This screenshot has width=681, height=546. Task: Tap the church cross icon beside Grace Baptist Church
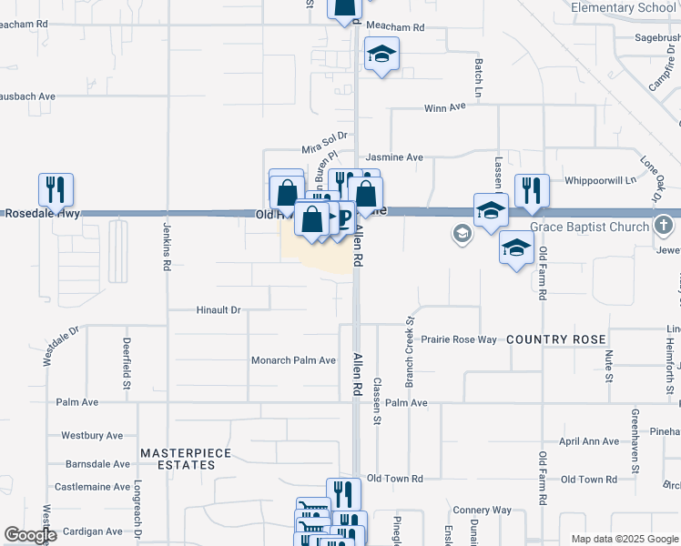[x=666, y=224]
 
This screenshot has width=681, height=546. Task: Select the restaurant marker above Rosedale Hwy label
[x=56, y=189]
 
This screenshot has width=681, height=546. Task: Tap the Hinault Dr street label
[x=219, y=310]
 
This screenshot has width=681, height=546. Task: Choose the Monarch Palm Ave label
[x=294, y=360]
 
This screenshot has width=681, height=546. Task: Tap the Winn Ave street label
[x=444, y=107]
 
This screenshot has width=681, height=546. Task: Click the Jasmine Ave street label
[x=394, y=157]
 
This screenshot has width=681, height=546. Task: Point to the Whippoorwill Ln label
[x=600, y=181]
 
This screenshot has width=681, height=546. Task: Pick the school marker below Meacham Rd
[x=381, y=55]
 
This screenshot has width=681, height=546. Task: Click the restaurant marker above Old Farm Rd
[x=532, y=190]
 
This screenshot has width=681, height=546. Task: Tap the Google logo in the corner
[x=31, y=535]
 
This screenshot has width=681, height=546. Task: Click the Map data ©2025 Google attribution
[x=624, y=539]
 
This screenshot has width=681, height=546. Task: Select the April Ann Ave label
[x=588, y=441]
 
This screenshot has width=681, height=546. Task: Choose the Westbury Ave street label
[x=90, y=436]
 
